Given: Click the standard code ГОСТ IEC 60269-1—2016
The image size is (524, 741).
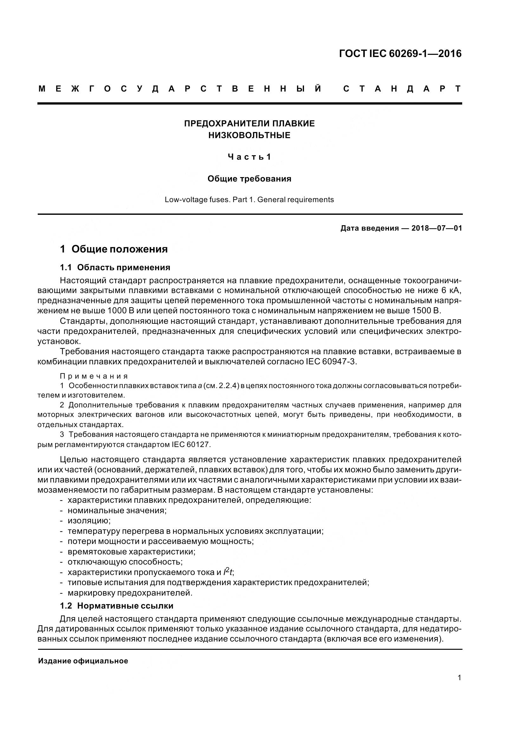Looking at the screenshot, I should tap(400, 54).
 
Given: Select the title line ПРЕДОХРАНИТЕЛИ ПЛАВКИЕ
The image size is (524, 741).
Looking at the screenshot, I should tap(249, 124).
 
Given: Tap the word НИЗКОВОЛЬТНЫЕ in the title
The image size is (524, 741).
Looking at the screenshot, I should tap(249, 135).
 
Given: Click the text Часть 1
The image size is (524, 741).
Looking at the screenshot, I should tap(249, 157).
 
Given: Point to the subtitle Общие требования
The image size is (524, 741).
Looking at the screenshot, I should tap(249, 179).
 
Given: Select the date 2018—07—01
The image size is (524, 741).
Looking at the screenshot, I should tap(437, 228).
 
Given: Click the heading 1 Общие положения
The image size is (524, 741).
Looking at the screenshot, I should tap(114, 249).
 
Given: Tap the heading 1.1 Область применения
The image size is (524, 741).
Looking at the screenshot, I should tap(115, 268).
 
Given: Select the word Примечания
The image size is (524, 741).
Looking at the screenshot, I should tap(94, 376).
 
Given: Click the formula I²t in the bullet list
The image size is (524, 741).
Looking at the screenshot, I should tap(229, 572).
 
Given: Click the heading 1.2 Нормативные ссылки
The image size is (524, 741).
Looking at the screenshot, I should tap(117, 606).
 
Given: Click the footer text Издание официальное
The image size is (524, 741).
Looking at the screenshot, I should tap(83, 661).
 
